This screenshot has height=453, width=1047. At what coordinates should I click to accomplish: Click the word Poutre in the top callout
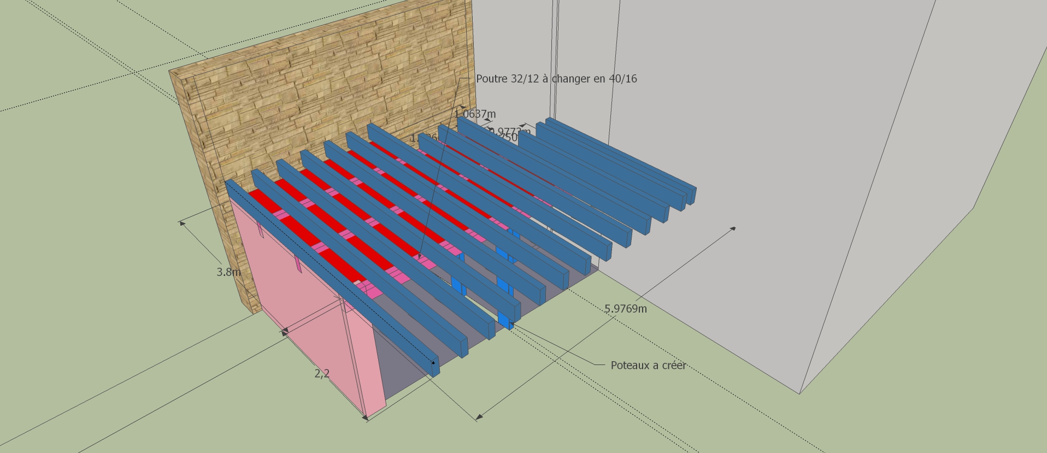point(491,79)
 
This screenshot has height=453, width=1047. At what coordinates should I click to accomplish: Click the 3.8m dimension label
point(228,272)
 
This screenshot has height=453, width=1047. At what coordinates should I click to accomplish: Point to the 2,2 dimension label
point(322,374)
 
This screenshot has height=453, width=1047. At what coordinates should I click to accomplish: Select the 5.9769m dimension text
point(625,309)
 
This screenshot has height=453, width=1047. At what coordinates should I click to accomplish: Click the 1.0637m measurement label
point(475,114)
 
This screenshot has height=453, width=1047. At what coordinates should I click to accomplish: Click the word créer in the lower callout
point(672,366)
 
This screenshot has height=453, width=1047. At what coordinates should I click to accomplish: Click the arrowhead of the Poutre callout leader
point(420,257)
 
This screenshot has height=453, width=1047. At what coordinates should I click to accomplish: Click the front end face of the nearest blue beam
point(436,367)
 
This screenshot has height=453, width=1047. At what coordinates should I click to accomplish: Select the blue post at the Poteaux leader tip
point(505,320)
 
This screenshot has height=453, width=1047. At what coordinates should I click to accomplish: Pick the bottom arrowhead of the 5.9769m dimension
point(478,419)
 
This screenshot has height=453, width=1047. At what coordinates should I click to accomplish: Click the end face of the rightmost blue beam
point(692,195)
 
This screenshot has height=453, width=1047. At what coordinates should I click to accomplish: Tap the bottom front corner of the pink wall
point(366,416)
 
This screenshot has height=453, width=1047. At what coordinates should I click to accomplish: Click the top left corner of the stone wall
point(170,72)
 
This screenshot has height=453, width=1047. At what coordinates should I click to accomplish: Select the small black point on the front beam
point(433,362)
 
